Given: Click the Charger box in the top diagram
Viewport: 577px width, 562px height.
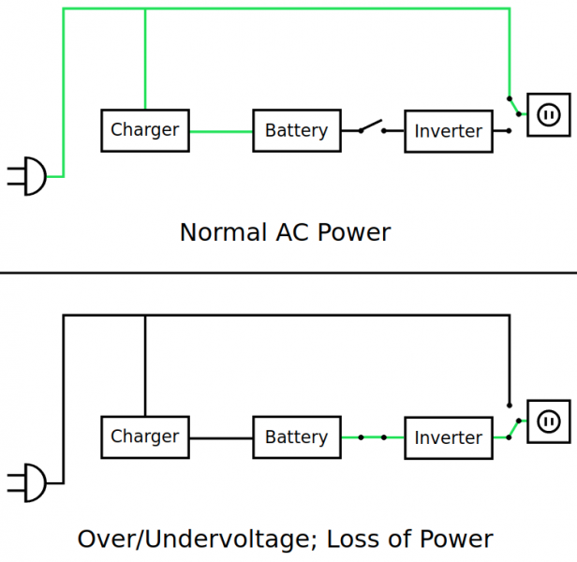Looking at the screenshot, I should (145, 130).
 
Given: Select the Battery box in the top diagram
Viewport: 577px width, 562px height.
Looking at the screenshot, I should (296, 130).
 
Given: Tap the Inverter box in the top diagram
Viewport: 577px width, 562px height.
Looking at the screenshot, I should (448, 131).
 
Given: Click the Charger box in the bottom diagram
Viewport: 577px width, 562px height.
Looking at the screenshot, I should (145, 436).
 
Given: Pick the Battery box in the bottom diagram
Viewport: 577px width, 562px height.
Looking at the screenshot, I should (296, 437).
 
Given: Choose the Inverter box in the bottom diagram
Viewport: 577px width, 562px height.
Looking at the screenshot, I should (448, 437).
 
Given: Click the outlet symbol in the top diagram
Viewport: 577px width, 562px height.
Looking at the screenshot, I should (548, 114).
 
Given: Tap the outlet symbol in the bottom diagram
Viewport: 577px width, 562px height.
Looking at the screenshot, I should (548, 421).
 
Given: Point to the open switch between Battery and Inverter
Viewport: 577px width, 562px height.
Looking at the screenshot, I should (371, 126).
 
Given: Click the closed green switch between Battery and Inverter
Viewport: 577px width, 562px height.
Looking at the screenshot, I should (372, 437).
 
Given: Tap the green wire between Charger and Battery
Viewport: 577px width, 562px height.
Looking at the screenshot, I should (221, 131).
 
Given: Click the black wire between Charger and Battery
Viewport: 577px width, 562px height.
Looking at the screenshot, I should (221, 437).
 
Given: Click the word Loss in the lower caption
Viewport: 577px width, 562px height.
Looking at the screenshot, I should (369, 540).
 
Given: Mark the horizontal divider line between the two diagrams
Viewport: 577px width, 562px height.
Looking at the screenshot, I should (288, 273).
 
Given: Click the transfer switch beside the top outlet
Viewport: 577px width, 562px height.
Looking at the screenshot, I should (514, 106).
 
